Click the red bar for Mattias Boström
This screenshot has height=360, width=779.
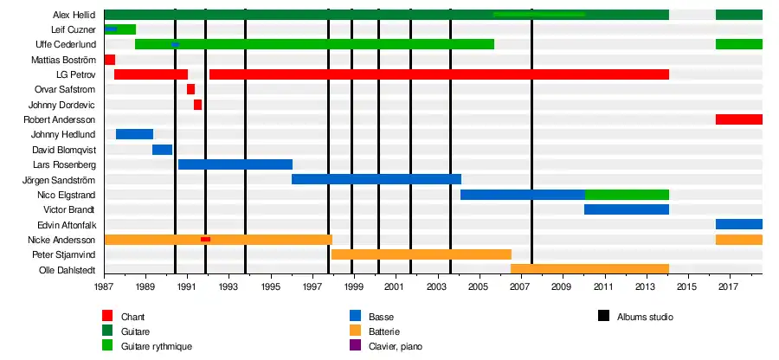click(109, 60)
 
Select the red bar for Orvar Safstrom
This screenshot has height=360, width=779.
click(190, 89)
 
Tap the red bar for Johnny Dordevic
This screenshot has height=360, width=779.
click(197, 105)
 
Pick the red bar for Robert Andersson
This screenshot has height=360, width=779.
click(738, 119)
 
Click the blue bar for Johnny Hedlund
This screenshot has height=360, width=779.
click(134, 134)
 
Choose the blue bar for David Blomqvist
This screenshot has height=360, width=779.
click(162, 150)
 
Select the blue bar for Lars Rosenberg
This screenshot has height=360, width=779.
click(235, 164)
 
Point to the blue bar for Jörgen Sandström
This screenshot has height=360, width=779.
click(376, 179)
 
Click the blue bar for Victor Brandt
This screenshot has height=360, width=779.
click(626, 209)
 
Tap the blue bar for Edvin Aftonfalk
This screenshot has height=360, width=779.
click(738, 224)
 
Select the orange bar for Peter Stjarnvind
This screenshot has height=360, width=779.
click(421, 254)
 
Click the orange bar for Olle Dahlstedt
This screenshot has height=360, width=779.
click(589, 269)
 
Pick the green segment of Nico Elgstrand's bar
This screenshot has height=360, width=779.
click(627, 195)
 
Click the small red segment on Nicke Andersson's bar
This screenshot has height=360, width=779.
click(205, 239)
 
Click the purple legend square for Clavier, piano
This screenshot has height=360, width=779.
click(354, 345)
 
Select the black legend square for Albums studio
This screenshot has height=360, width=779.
click(603, 317)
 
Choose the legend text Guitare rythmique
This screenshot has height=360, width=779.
click(157, 345)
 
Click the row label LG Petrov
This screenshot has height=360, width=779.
click(75, 74)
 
